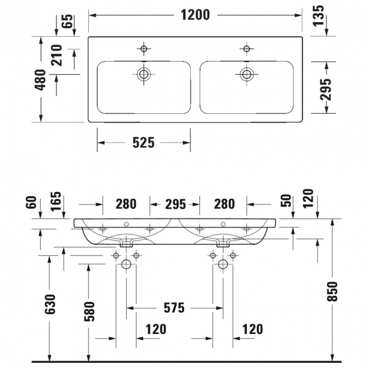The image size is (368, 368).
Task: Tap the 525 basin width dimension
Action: pos(143,143)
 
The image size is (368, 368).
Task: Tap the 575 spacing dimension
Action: pos(174,308)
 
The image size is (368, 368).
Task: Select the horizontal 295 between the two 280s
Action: pos(174,203)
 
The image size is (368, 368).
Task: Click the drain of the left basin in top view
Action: pos(144,74)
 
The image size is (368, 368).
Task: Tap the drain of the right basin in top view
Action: pos(246,74)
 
